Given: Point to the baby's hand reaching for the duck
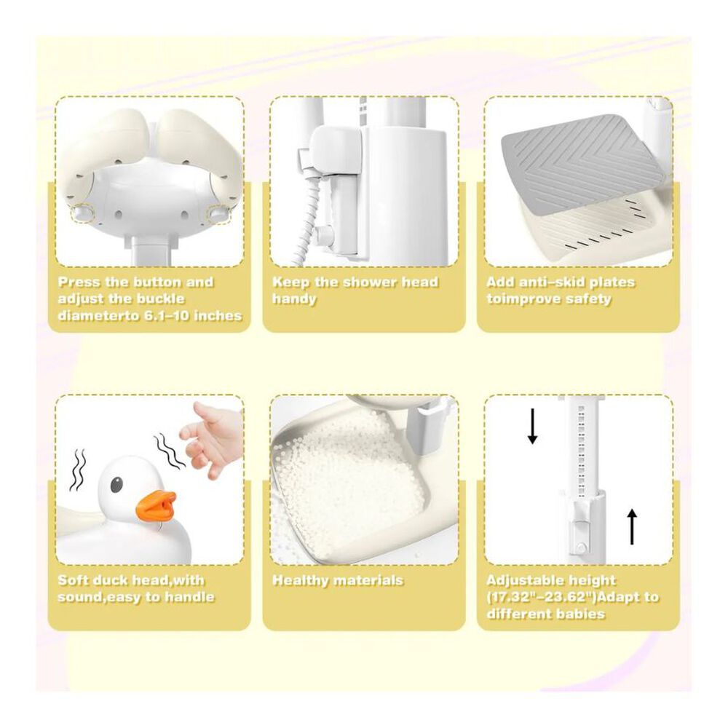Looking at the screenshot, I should point(212,436).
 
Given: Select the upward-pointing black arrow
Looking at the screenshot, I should point(633,526).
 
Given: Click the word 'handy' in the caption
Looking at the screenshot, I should point(294,298).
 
